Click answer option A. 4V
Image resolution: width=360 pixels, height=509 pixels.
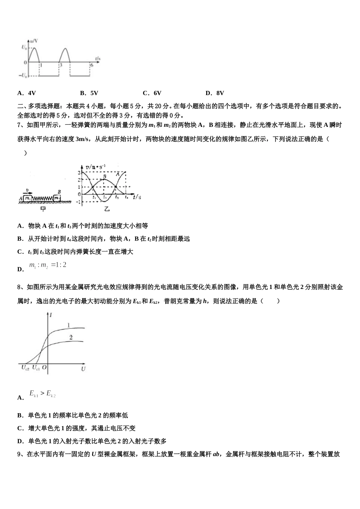tap(27, 93)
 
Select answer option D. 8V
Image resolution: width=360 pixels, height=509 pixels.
tap(214, 93)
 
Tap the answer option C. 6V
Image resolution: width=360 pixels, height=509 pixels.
tap(152, 93)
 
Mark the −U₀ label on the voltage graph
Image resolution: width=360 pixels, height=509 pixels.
tap(23, 75)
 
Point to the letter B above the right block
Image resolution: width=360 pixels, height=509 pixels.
tap(59, 192)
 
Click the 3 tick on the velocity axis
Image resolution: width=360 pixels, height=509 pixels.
tap(78, 172)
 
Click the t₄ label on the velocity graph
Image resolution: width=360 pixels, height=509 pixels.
tap(126, 197)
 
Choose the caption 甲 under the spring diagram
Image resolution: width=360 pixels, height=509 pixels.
tap(43, 209)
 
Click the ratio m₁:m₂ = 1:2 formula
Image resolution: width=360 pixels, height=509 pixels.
tap(48, 265)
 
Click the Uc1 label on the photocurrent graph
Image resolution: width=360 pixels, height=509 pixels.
tap(36, 368)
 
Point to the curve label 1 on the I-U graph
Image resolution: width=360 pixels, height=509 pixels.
tap(68, 325)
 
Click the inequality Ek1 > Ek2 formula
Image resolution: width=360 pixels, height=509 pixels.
tap(42, 394)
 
